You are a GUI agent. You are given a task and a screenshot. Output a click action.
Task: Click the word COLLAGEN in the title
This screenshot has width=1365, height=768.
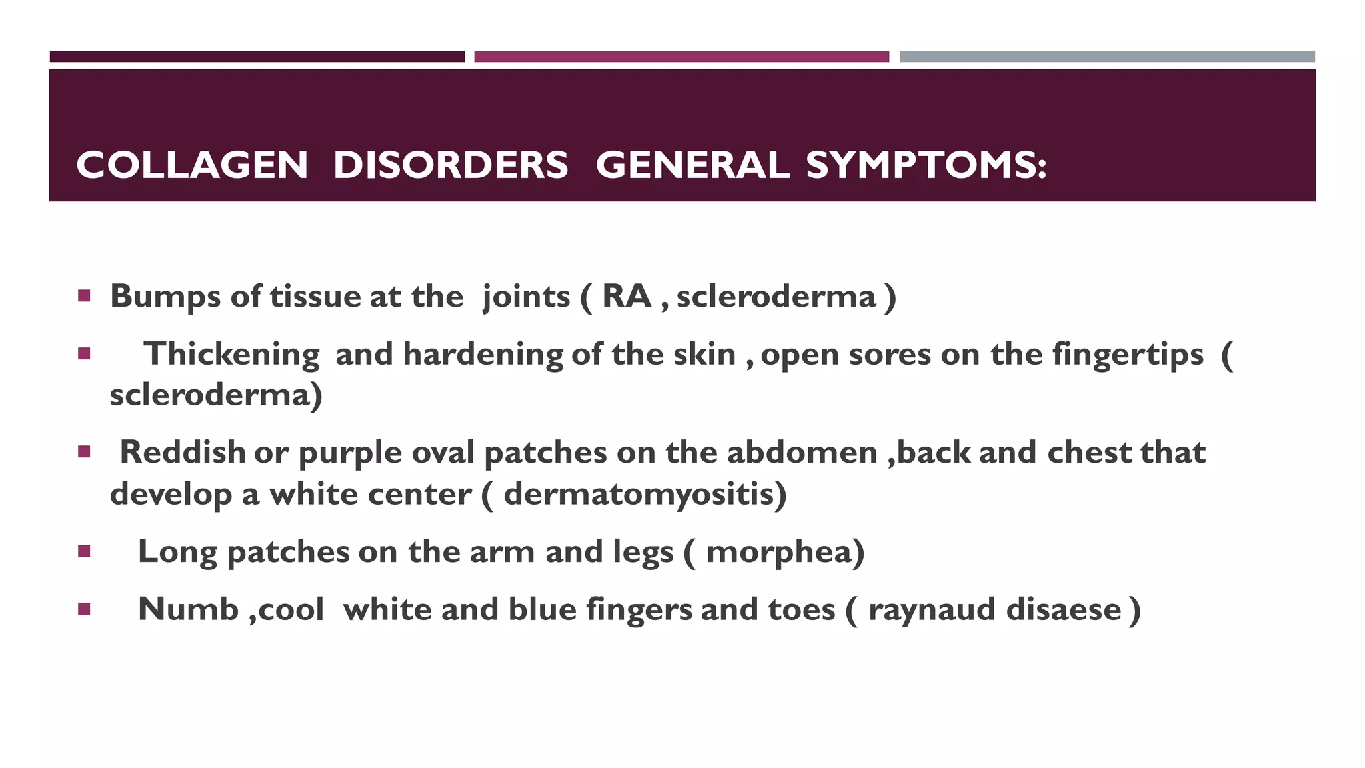coord(192,165)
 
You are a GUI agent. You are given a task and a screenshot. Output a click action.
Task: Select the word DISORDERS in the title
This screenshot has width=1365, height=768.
coord(451,165)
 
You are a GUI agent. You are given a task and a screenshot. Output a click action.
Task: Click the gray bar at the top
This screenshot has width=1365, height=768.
coord(1106,57)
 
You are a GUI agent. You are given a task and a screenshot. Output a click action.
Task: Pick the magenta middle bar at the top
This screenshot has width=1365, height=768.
coord(681,57)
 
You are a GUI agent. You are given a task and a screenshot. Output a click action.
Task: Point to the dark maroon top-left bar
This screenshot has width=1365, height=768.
coord(257,57)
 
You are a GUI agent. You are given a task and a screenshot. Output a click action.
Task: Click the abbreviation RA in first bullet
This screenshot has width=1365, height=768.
coord(626,297)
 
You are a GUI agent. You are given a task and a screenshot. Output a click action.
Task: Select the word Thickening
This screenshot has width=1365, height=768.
coord(231,355)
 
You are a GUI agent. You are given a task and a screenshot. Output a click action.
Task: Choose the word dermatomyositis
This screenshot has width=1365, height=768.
coord(644,495)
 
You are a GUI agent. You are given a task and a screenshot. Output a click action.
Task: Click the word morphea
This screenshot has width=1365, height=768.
coord(784,552)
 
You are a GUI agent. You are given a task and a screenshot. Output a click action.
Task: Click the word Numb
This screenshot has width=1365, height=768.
coord(188,609)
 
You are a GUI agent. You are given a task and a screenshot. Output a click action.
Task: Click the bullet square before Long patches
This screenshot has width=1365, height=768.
coord(84,551)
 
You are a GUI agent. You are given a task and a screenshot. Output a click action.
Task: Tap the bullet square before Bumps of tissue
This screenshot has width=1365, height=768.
coord(84,296)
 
